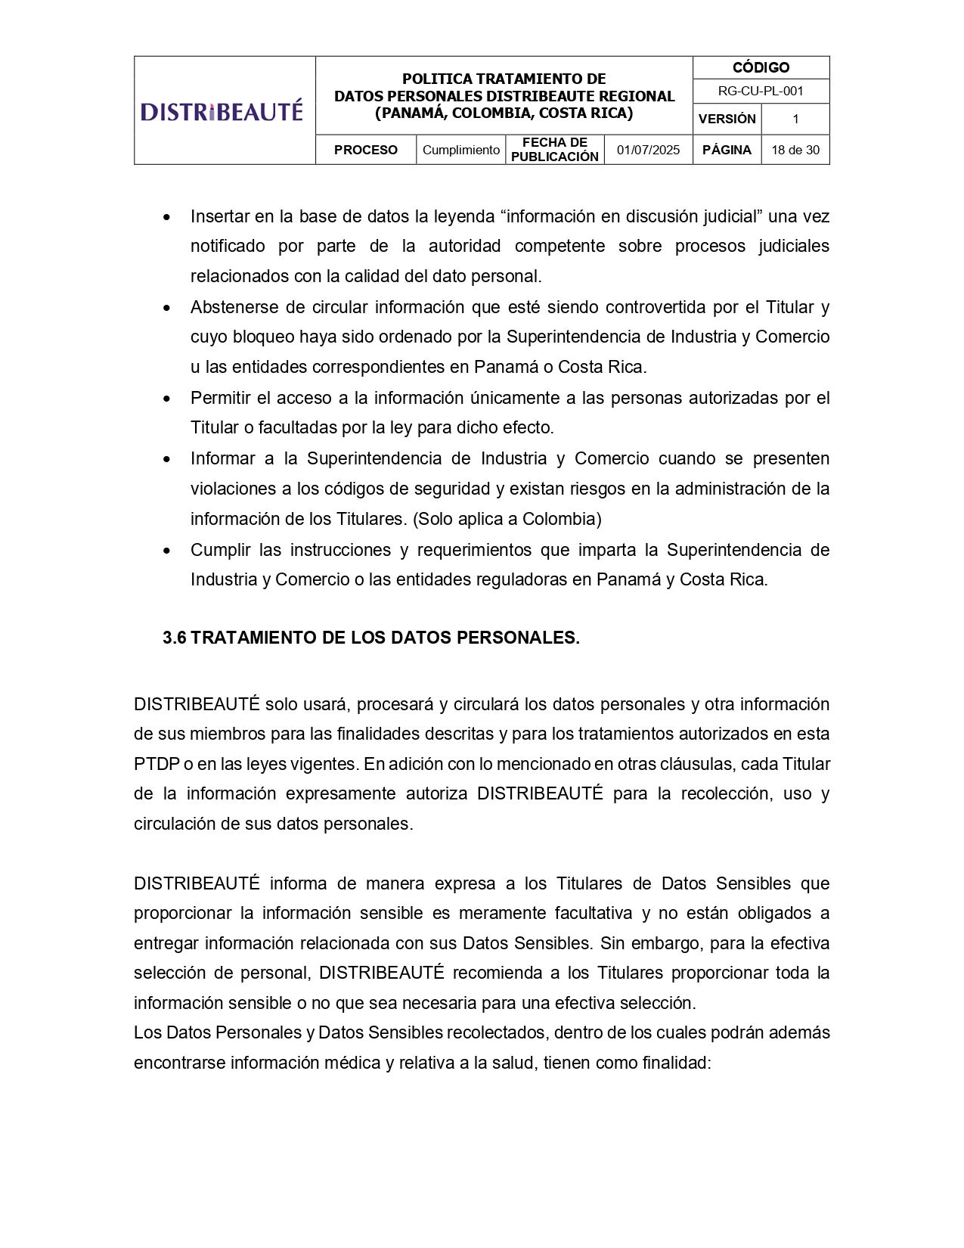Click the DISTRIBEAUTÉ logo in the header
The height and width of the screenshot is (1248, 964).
click(x=222, y=111)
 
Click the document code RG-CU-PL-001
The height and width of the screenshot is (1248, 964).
click(x=761, y=91)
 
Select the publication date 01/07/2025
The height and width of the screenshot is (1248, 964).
click(x=648, y=150)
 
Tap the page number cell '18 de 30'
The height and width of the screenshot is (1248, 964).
click(x=795, y=150)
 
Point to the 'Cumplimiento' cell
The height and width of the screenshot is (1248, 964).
click(x=460, y=150)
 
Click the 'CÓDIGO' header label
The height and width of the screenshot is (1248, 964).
click(x=761, y=67)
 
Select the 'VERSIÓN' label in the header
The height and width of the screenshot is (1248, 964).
click(x=727, y=119)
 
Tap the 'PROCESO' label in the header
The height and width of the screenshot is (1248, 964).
click(x=365, y=150)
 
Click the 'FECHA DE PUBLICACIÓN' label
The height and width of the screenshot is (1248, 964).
click(x=554, y=150)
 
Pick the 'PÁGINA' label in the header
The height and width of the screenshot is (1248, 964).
click(x=727, y=150)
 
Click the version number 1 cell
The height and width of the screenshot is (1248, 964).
click(x=795, y=119)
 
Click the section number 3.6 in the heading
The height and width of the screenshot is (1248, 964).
click(x=174, y=638)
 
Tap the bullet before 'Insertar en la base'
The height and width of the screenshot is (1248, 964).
click(x=167, y=218)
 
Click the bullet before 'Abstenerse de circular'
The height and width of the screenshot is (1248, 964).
click(x=167, y=309)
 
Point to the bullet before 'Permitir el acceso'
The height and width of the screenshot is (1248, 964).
click(x=167, y=399)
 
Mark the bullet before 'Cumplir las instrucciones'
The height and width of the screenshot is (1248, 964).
click(x=167, y=551)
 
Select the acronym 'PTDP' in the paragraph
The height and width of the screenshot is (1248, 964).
click(x=157, y=764)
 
